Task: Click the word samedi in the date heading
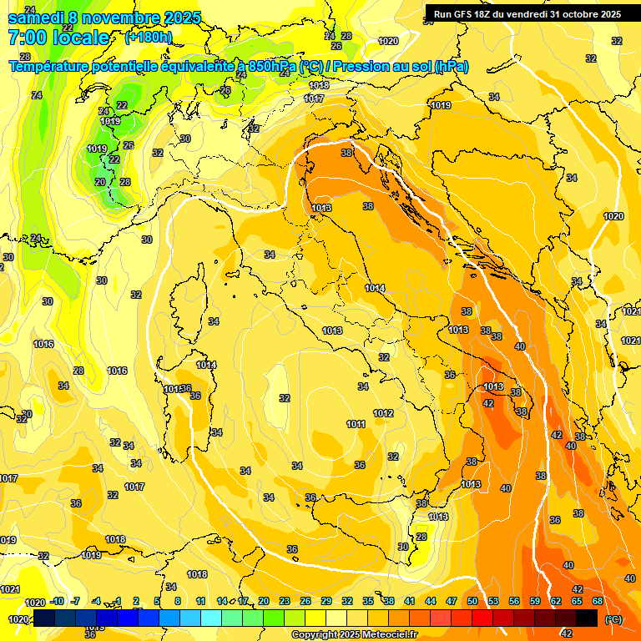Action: [37, 18]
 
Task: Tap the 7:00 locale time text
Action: [58, 38]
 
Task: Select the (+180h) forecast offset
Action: [148, 38]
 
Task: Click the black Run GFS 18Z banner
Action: [527, 13]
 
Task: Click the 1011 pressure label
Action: [356, 424]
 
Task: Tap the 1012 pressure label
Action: [383, 413]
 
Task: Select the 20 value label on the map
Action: [100, 182]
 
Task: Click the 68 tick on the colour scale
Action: [598, 601]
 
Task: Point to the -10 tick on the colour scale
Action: [58, 601]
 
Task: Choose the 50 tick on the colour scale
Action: [472, 601]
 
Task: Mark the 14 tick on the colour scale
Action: [222, 601]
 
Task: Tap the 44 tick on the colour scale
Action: [431, 601]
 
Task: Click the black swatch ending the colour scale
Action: [587, 618]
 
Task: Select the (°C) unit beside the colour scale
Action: [613, 619]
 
